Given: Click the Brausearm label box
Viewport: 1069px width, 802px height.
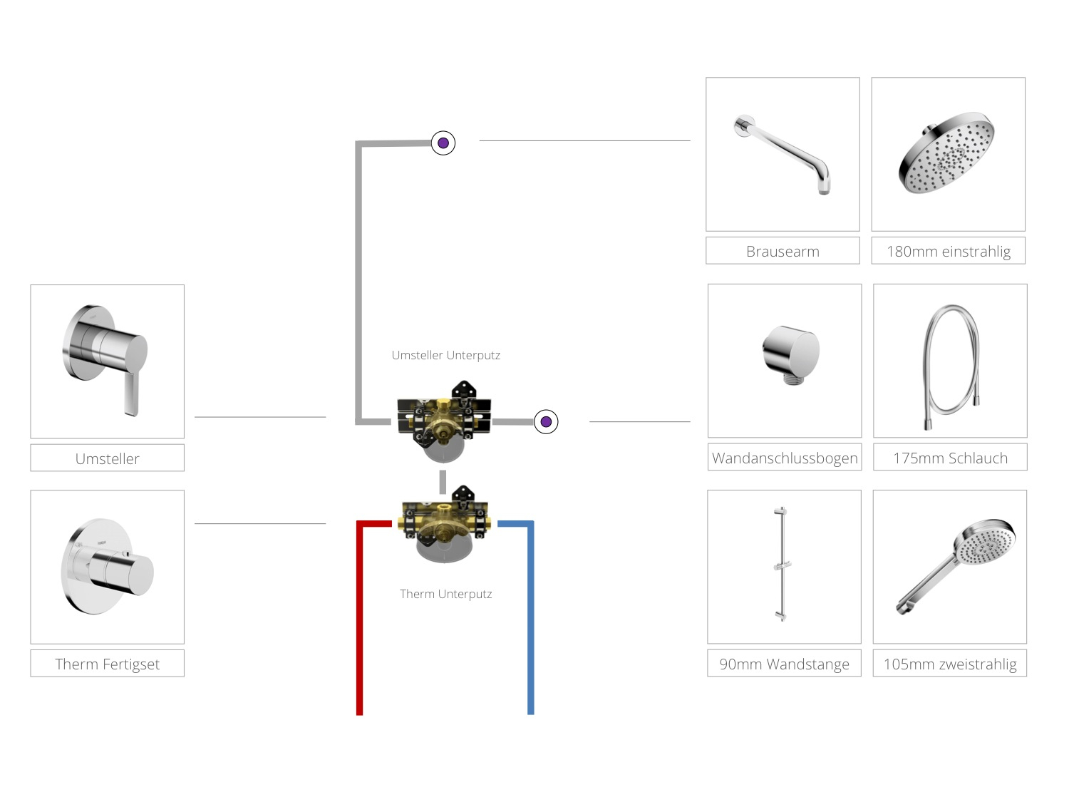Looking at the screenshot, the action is (x=782, y=251).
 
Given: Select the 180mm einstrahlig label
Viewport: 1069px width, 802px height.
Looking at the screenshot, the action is (x=949, y=251).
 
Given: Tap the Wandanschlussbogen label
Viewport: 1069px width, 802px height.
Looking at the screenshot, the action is (x=785, y=457).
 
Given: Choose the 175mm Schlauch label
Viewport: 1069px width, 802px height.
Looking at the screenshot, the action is (x=950, y=457).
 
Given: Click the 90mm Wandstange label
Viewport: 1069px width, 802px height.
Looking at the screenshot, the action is (x=784, y=663).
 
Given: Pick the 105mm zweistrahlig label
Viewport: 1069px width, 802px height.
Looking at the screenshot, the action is (x=950, y=663).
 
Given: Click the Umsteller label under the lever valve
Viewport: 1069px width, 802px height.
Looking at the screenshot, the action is (x=107, y=458).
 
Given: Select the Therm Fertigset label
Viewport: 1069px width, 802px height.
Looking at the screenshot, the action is (x=107, y=664).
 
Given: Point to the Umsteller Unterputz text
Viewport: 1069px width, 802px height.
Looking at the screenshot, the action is (x=445, y=355).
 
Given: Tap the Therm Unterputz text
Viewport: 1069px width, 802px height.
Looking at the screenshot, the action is (x=445, y=594).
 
